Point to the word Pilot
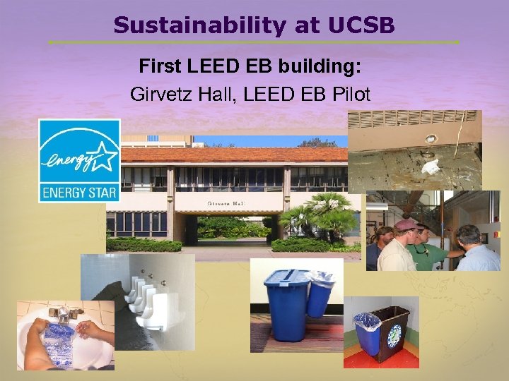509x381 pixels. pos(347,94)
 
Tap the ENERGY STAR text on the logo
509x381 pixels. pos(78,191)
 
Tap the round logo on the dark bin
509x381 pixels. pos(393,334)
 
